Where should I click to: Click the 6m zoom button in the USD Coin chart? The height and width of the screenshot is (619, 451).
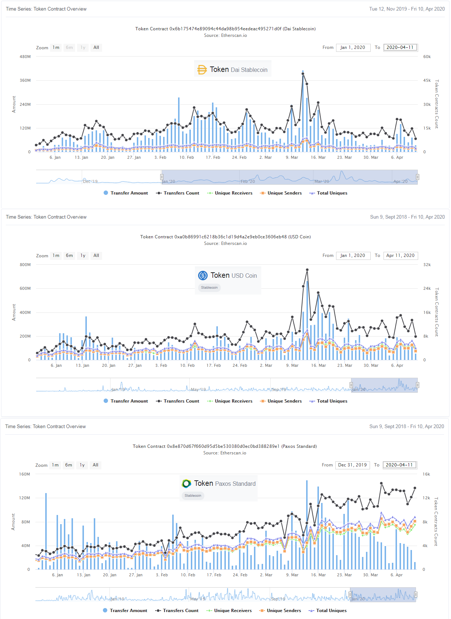point(69,255)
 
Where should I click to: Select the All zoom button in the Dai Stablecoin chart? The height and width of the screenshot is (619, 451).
point(96,47)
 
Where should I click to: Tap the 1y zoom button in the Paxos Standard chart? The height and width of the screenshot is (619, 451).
point(82,465)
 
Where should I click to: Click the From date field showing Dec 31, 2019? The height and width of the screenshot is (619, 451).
point(352,465)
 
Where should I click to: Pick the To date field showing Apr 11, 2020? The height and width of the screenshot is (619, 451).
point(400,255)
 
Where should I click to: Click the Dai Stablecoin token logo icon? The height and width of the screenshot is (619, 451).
point(202,70)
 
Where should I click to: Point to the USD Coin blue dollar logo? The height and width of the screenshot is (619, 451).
point(203,276)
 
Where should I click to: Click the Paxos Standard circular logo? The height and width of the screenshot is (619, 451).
point(186,484)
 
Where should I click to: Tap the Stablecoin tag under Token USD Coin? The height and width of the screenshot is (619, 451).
point(209,288)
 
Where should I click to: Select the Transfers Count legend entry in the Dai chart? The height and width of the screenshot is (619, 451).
point(178,193)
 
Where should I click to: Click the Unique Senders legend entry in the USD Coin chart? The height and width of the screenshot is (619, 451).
point(281,401)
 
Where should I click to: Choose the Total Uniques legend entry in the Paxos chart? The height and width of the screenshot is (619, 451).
point(328,611)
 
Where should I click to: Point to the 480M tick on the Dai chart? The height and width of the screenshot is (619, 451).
point(25,57)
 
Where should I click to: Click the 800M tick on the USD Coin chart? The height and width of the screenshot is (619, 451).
point(25,265)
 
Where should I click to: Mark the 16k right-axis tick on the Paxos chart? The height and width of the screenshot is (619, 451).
point(426,474)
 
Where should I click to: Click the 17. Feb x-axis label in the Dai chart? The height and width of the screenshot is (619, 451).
point(213,158)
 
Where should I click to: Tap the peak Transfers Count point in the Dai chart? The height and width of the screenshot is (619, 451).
point(303,74)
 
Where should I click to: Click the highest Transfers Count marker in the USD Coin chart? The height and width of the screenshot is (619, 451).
point(307,270)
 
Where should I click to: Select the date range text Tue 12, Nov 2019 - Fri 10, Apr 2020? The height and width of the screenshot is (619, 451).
point(407,9)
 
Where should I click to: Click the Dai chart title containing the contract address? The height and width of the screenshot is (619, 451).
point(225,29)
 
